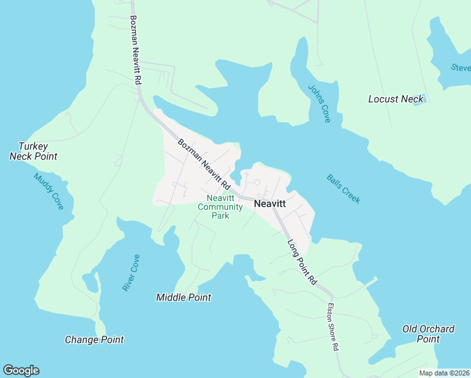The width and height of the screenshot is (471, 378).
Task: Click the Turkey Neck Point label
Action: (33, 151)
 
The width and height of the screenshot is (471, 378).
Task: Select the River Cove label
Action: (131, 272)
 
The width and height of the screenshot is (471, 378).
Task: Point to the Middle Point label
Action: (183, 297)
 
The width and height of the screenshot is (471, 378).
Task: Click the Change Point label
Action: (94, 340)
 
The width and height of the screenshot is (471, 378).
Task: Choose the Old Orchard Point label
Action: (428, 334)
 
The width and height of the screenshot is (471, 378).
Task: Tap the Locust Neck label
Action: (395, 99)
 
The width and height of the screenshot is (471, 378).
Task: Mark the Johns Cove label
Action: (319, 103)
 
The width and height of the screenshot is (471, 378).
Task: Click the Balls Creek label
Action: (344, 188)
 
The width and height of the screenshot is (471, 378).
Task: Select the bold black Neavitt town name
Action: (270, 204)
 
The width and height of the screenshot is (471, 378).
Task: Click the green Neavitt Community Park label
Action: (220, 207)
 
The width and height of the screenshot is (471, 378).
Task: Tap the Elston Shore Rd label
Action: (333, 328)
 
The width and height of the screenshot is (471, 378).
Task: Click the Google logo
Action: (21, 370)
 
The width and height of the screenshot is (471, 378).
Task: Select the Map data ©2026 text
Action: (444, 372)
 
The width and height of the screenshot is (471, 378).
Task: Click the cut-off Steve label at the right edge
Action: (461, 67)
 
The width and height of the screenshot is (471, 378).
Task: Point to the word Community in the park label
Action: (220, 207)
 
